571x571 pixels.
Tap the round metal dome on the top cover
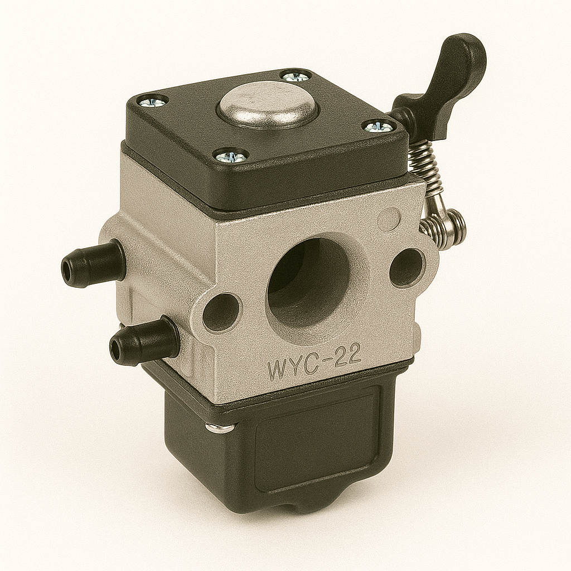(x=266, y=105)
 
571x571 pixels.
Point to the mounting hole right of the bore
(x=407, y=268)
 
